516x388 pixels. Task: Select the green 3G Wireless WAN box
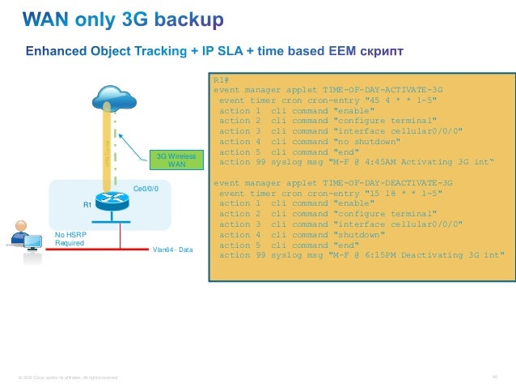pyautogui.click(x=177, y=160)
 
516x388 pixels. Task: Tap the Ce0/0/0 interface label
pyautogui.click(x=146, y=189)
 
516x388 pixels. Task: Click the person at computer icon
pyautogui.click(x=23, y=236)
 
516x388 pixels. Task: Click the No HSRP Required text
pyautogui.click(x=70, y=238)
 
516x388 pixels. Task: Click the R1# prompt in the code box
pyautogui.click(x=222, y=79)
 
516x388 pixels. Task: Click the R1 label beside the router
pyautogui.click(x=87, y=205)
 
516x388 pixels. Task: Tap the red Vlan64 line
pyautogui.click(x=97, y=248)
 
